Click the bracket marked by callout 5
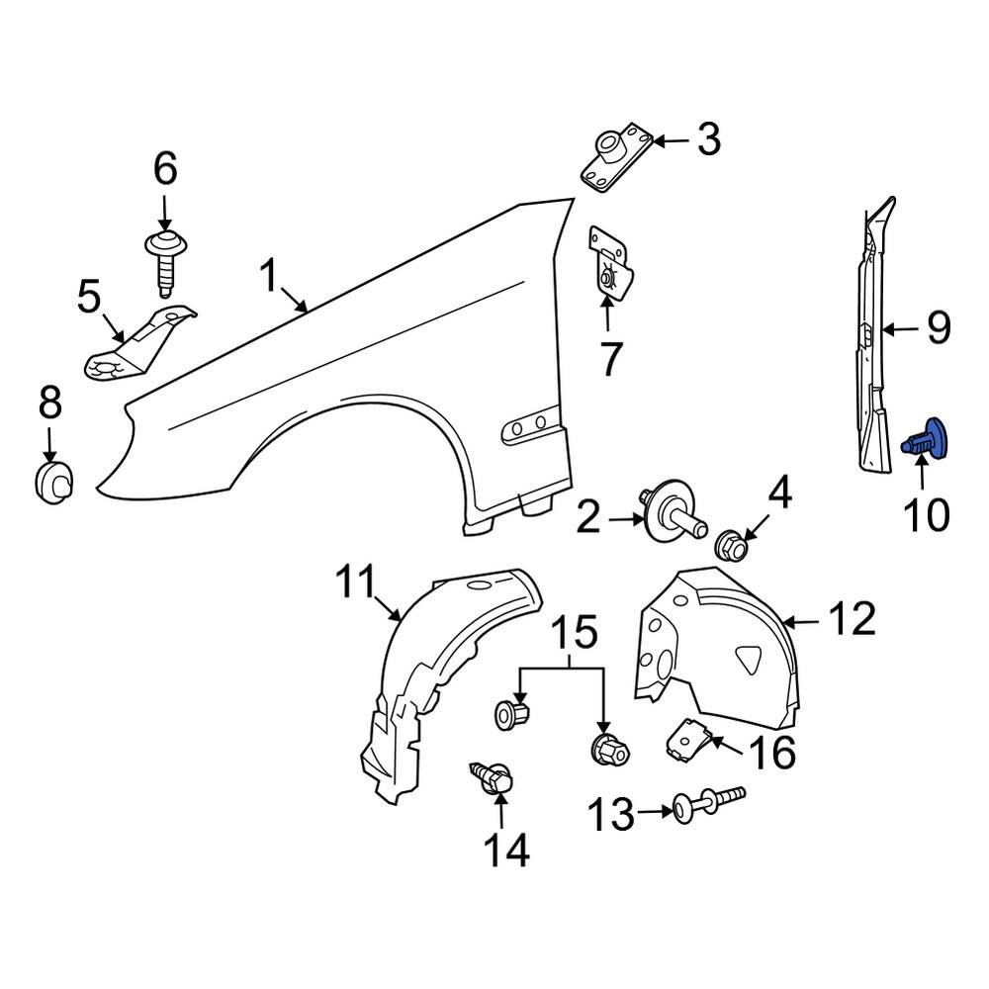(x=138, y=346)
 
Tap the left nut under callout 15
(x=510, y=712)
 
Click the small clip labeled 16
(x=689, y=740)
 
